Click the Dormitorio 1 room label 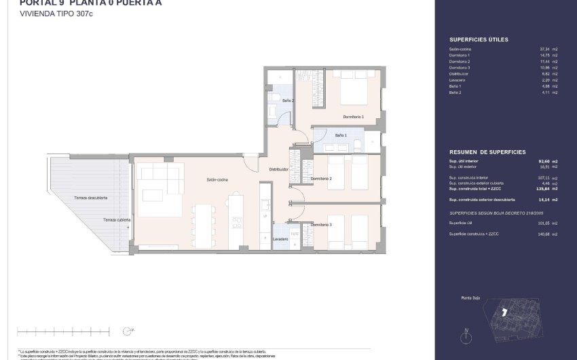354,117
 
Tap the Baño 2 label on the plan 288,100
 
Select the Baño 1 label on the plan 341,136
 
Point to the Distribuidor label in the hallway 279,169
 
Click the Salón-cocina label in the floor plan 217,180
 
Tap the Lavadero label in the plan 281,239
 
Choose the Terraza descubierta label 90,198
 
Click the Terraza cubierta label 116,220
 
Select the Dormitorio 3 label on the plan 321,224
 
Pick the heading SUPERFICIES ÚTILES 479,40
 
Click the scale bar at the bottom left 63,331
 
